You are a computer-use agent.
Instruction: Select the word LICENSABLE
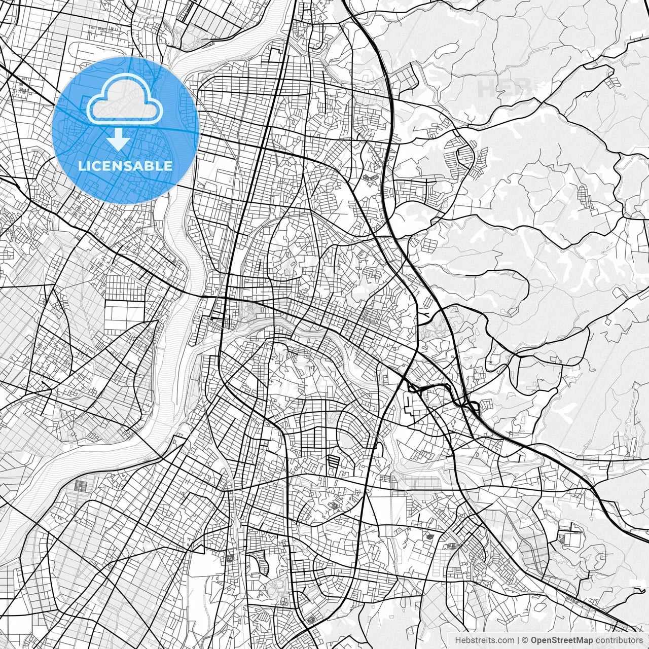[125, 166]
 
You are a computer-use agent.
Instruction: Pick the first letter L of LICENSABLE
[82, 166]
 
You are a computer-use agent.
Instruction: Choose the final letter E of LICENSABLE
[168, 166]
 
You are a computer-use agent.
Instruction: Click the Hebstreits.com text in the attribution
[485, 640]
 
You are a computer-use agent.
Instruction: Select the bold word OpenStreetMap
[562, 640]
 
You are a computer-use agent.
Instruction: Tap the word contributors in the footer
[619, 640]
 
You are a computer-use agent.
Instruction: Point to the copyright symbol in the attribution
[525, 640]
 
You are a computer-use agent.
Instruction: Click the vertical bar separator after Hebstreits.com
[518, 640]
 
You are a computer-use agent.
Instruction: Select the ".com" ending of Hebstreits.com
[505, 640]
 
